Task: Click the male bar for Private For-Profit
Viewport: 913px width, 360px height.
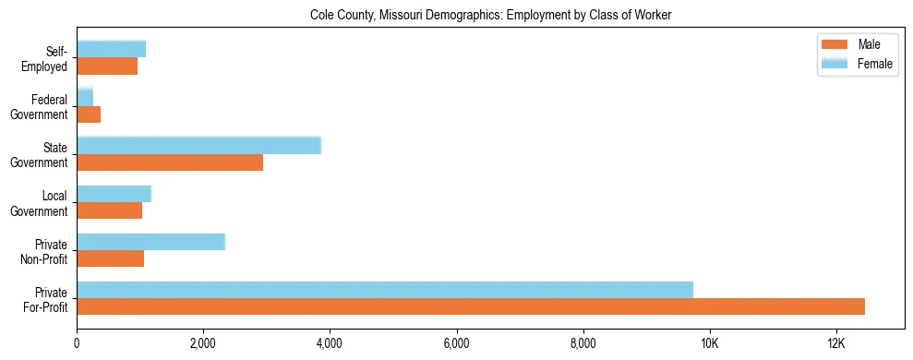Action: [x=471, y=306]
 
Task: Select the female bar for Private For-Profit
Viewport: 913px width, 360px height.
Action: [x=385, y=290]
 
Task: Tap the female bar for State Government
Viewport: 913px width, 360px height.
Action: [x=198, y=145]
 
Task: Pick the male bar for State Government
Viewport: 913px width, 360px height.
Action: [x=170, y=162]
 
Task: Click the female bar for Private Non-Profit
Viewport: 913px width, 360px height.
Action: [x=150, y=242]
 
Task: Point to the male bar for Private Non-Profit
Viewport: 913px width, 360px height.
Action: [x=110, y=258]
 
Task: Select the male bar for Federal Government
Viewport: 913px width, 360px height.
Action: [x=89, y=114]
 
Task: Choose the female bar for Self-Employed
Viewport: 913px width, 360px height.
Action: [x=111, y=49]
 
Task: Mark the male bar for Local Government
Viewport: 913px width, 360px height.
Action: [x=109, y=210]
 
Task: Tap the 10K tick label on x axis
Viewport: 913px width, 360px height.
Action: [x=709, y=343]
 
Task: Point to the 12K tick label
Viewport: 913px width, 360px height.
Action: [x=835, y=343]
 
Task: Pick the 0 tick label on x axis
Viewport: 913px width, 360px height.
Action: [x=77, y=343]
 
